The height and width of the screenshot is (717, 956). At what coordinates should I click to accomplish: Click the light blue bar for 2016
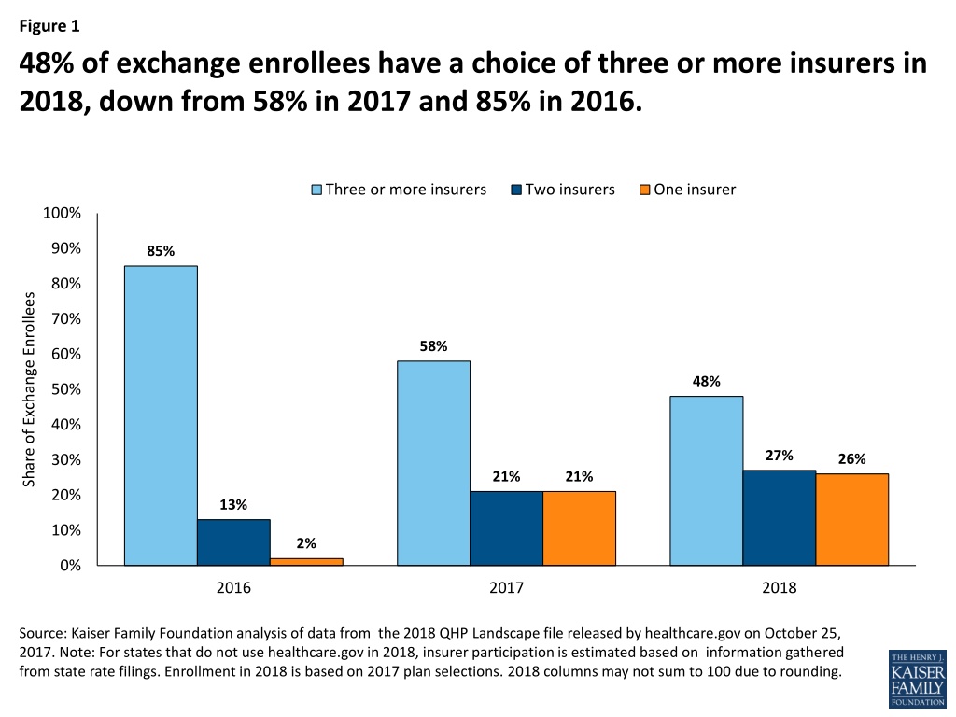(161, 415)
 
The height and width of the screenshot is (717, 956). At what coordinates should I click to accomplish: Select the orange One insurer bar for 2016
(306, 562)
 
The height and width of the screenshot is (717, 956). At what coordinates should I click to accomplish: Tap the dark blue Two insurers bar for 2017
(507, 528)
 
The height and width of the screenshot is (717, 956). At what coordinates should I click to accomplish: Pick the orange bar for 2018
(852, 519)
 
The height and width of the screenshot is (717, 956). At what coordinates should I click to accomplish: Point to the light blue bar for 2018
(707, 481)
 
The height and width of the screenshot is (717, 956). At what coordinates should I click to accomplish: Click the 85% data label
(161, 251)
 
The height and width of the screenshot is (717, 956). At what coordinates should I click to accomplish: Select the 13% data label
(233, 505)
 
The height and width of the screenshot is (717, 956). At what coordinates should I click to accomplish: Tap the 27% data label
(780, 456)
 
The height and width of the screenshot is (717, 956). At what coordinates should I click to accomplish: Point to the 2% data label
(306, 543)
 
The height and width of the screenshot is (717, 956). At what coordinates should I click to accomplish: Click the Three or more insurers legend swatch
(316, 190)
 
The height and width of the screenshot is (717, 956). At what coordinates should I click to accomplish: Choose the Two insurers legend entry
(563, 190)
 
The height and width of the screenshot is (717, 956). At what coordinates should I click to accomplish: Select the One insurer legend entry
(687, 190)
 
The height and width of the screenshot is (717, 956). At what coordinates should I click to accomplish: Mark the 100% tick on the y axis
(62, 213)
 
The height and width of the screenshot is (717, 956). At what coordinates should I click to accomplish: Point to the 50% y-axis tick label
(66, 389)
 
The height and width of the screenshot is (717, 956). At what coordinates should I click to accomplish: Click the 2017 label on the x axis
(506, 588)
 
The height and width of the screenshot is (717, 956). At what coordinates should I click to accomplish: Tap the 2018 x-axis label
(780, 588)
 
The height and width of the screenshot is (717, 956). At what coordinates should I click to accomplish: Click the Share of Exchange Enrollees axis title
(29, 389)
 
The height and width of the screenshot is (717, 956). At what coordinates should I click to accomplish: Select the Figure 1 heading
(49, 25)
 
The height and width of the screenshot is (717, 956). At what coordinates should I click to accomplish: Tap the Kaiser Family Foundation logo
(918, 678)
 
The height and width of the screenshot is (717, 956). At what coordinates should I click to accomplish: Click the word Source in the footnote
(41, 633)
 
